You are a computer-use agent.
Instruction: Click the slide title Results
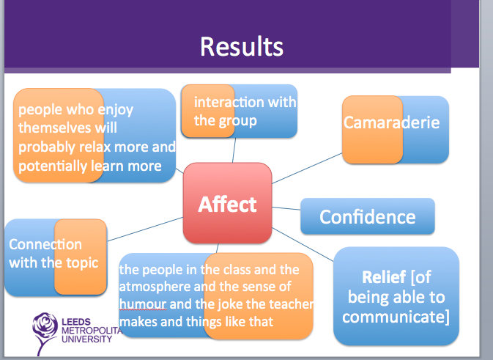coord(241,47)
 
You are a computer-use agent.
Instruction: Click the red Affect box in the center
coord(227,204)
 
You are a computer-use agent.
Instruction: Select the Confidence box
coord(367,217)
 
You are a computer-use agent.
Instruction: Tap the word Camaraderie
coord(392,122)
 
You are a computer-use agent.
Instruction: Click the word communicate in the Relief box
coord(395,317)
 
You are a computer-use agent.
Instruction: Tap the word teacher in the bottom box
coord(291,304)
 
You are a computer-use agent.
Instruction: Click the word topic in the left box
coord(81,262)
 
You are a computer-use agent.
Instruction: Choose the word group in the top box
coord(238,120)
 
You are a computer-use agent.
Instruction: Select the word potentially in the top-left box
coord(52,165)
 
